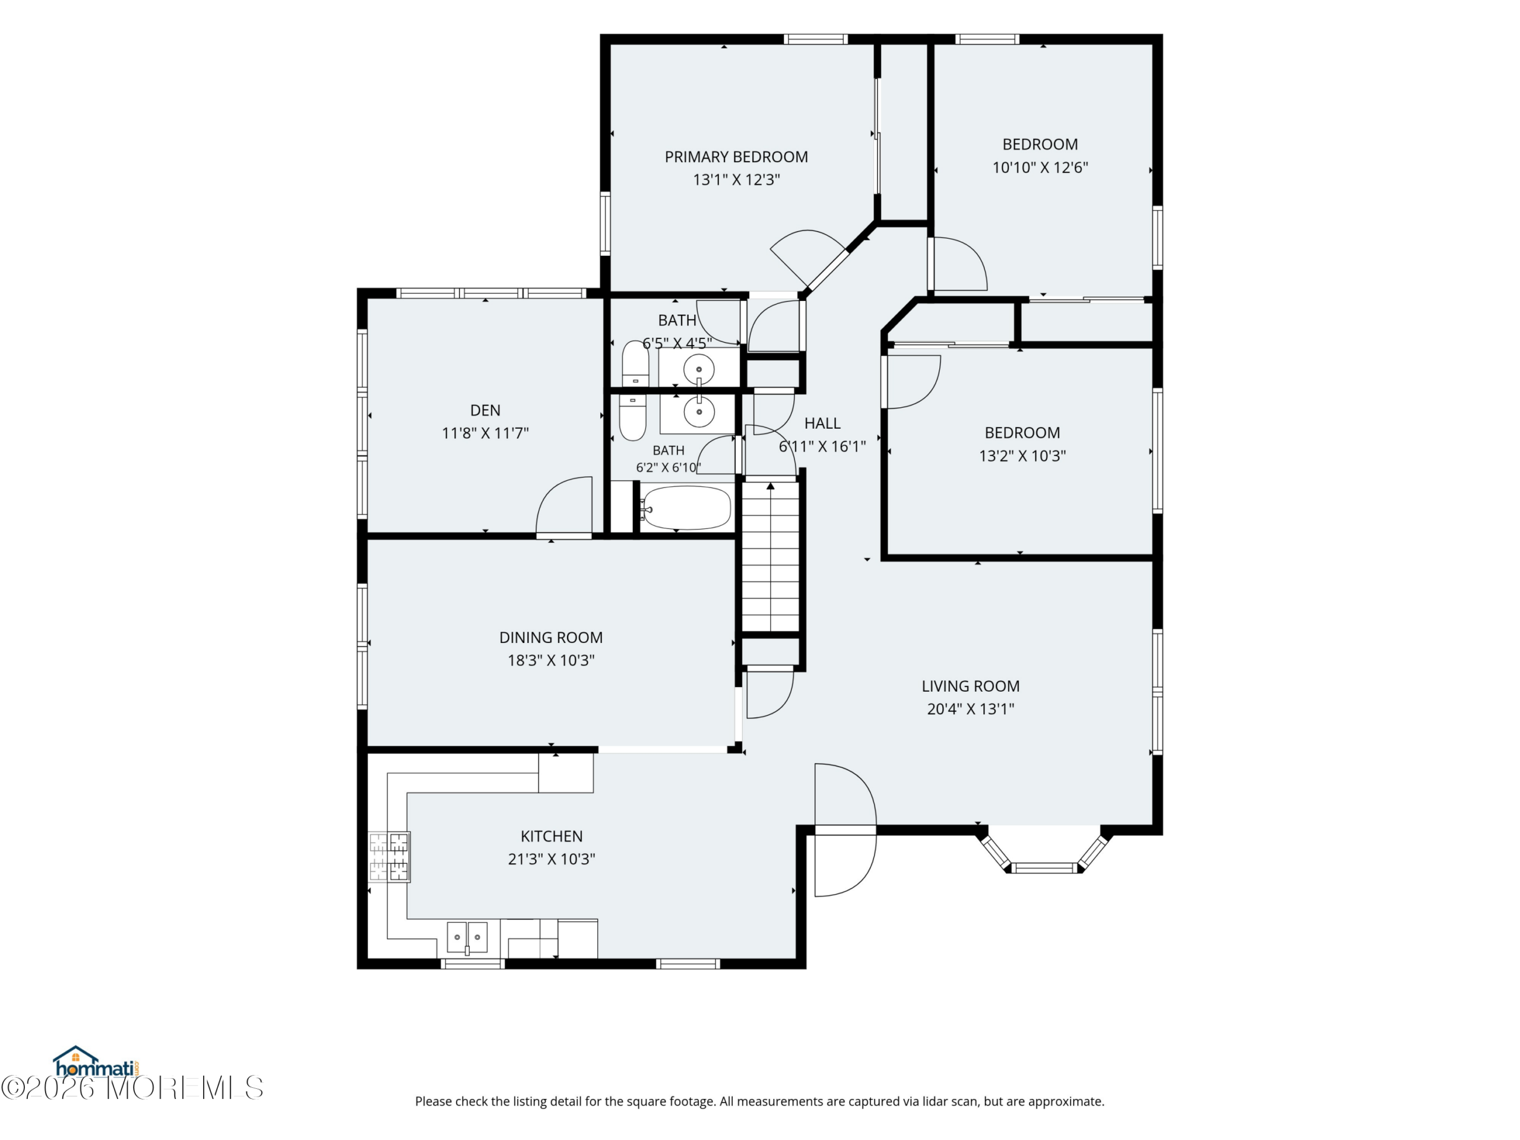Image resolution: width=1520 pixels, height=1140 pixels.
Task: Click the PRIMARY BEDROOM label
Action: click(x=736, y=157)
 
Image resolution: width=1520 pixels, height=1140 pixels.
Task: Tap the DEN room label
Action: click(x=485, y=410)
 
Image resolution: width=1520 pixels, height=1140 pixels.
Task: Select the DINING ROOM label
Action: click(x=551, y=638)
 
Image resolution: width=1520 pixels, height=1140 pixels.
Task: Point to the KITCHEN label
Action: click(x=552, y=836)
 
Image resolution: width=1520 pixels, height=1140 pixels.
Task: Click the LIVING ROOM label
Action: click(x=970, y=686)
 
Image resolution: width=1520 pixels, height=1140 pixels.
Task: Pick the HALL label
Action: click(x=822, y=423)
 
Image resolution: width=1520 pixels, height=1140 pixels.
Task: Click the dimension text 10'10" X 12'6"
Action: click(x=1040, y=167)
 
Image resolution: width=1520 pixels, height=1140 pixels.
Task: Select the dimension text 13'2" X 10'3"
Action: click(x=1022, y=455)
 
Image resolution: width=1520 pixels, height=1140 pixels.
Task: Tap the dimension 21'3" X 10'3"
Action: click(x=552, y=859)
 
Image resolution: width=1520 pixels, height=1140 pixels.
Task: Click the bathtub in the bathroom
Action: click(x=686, y=508)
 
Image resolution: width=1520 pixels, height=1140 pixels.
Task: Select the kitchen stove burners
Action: click(x=389, y=856)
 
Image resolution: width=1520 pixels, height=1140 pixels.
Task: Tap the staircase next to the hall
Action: click(x=770, y=556)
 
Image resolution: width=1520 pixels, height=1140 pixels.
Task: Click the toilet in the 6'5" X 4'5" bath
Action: click(x=635, y=363)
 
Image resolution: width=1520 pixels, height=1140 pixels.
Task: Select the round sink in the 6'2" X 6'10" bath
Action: click(x=699, y=412)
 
